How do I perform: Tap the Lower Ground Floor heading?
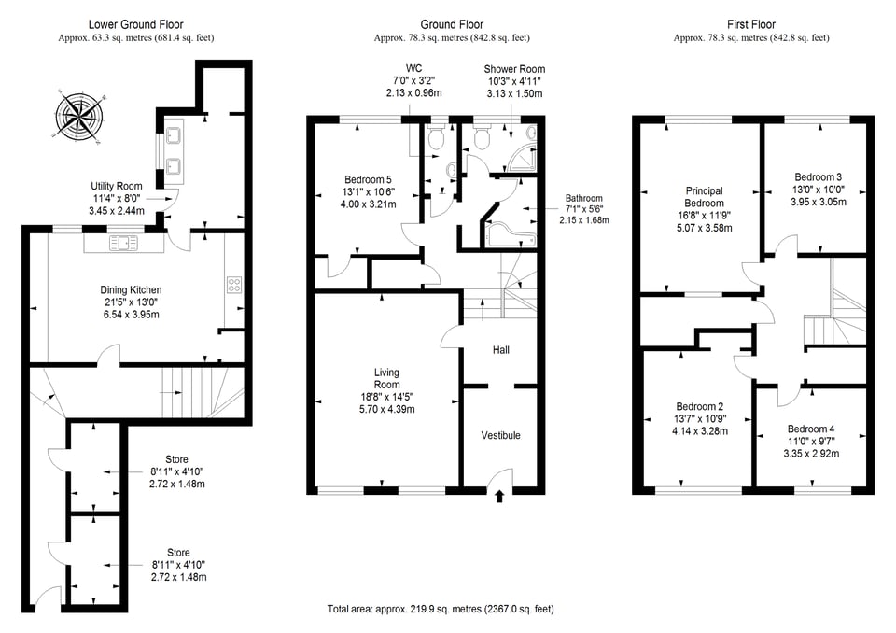(135, 24)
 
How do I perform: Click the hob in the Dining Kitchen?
(234, 287)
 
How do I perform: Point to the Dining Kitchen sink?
(124, 244)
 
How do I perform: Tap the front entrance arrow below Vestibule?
(499, 496)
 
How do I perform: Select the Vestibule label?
(500, 436)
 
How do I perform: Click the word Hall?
(500, 350)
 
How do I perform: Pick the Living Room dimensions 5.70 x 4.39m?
(386, 409)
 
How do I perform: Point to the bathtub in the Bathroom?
(510, 234)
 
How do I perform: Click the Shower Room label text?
(514, 69)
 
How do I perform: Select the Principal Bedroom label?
(704, 197)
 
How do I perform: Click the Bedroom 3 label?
(818, 176)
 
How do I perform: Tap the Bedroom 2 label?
(699, 406)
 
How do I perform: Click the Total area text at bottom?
(441, 609)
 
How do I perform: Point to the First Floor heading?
(751, 24)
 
